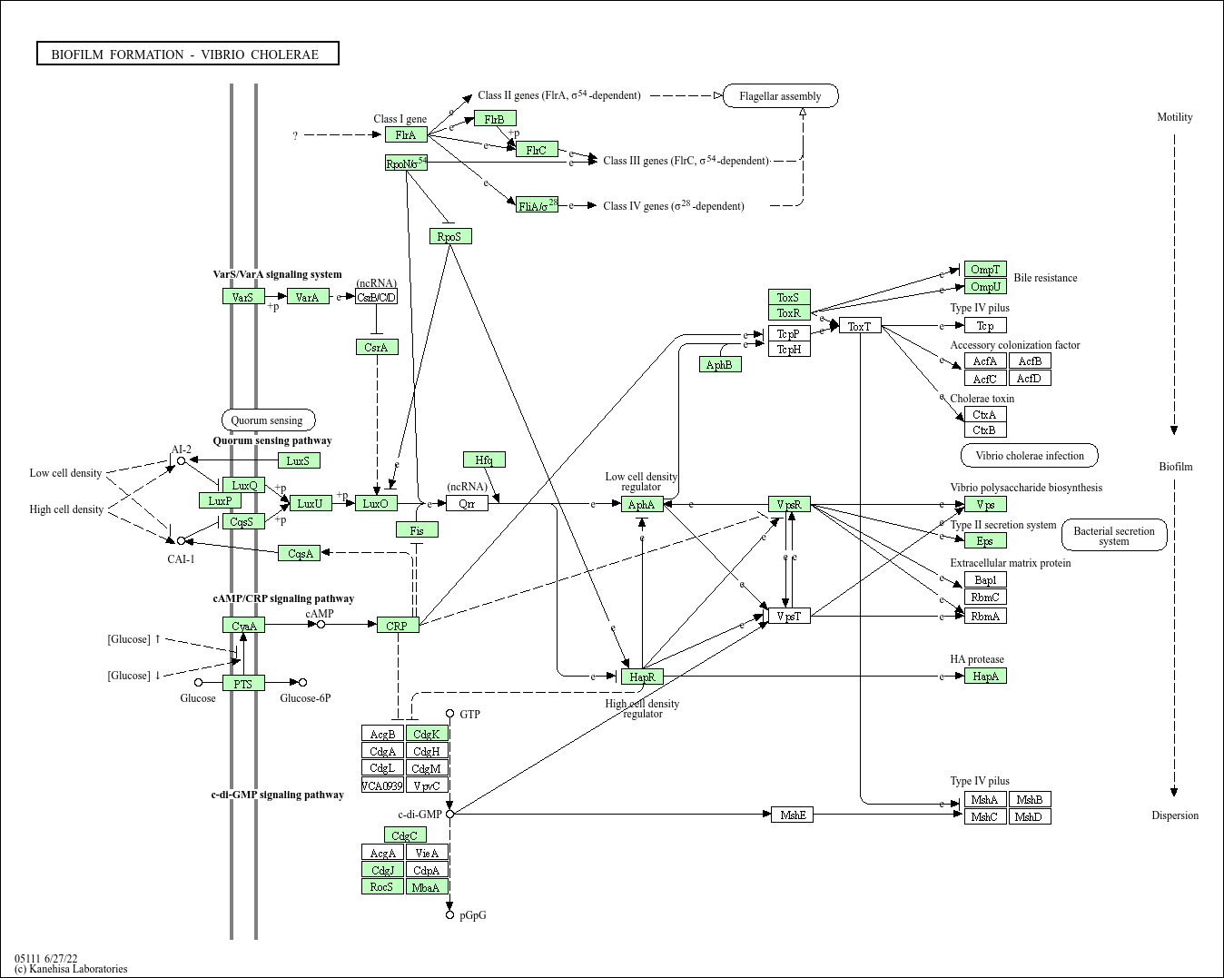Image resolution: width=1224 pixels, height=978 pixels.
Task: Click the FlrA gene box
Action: (406, 134)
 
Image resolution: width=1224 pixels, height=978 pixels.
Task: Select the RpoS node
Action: (450, 236)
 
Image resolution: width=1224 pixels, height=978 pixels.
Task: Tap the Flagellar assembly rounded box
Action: (780, 95)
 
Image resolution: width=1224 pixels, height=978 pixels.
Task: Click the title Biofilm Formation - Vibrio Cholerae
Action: (188, 54)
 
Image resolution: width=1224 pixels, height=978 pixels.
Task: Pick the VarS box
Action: (242, 296)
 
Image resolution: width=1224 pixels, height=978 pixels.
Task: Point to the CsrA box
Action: (376, 347)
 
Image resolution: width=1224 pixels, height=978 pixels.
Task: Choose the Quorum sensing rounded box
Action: (268, 420)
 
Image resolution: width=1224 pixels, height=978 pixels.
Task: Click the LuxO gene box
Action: (376, 503)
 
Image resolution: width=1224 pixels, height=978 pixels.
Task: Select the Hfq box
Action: (484, 459)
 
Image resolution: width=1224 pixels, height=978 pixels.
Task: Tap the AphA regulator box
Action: (642, 504)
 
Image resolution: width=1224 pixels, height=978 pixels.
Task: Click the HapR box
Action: (642, 677)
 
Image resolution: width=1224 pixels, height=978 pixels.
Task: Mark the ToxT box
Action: (860, 325)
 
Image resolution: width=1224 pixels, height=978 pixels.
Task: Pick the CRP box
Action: (398, 625)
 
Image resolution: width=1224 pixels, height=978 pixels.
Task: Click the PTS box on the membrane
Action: (243, 683)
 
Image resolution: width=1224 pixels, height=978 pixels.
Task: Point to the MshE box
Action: (792, 815)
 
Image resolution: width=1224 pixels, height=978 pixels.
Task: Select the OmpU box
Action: (985, 287)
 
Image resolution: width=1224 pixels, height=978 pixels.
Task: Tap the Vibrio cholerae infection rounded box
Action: (1029, 455)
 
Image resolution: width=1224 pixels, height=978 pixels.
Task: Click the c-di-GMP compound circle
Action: (449, 814)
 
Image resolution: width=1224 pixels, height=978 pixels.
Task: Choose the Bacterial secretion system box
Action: (1114, 536)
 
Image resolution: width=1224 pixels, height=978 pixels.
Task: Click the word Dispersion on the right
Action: (1175, 815)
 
